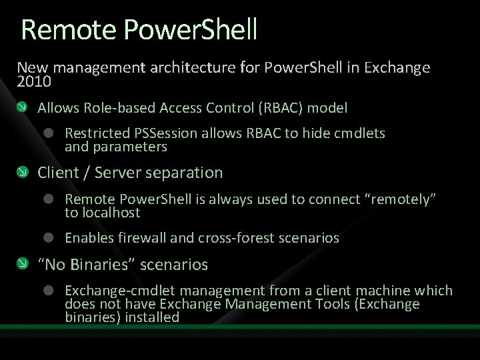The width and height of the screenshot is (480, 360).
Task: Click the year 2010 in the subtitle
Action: click(33, 81)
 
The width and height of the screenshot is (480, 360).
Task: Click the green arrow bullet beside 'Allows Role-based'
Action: click(23, 107)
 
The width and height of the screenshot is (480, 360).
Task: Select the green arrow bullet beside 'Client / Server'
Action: click(23, 173)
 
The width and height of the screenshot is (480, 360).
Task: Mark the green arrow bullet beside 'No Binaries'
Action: click(23, 265)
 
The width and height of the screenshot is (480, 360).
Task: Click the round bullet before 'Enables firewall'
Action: click(49, 238)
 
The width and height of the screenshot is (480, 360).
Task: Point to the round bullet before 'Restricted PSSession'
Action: click(49, 133)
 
